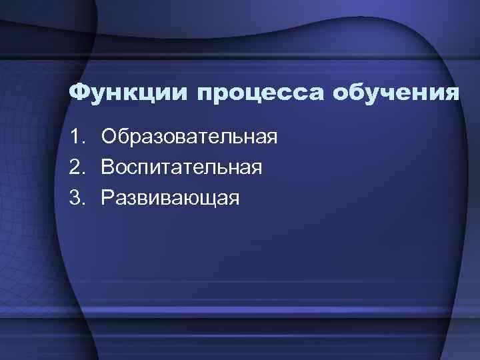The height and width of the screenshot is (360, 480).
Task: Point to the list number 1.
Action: tap(75, 138)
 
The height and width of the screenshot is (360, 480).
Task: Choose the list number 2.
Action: tap(75, 168)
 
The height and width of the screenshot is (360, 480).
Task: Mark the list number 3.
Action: tap(75, 198)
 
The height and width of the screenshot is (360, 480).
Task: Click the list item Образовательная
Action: tap(189, 138)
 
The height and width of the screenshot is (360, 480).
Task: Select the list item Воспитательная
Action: tap(181, 168)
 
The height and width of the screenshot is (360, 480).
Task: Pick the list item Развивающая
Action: tap(170, 198)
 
